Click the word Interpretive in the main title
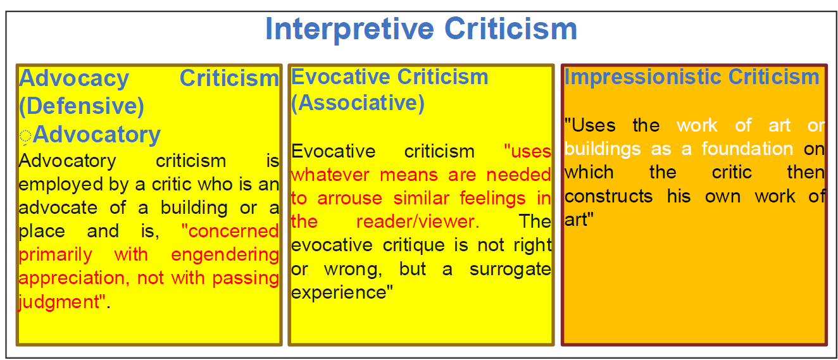click(350, 30)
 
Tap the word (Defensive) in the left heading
click(82, 106)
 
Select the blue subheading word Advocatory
click(96, 135)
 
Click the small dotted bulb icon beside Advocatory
click(25, 137)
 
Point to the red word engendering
click(225, 255)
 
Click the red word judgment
click(59, 302)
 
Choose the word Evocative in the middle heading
click(341, 77)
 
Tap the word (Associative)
click(358, 102)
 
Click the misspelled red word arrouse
click(350, 199)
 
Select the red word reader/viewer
click(418, 221)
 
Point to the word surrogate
click(510, 270)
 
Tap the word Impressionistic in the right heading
click(642, 77)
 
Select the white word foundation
click(747, 149)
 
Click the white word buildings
click(603, 149)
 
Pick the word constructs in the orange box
click(609, 196)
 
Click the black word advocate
click(58, 208)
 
